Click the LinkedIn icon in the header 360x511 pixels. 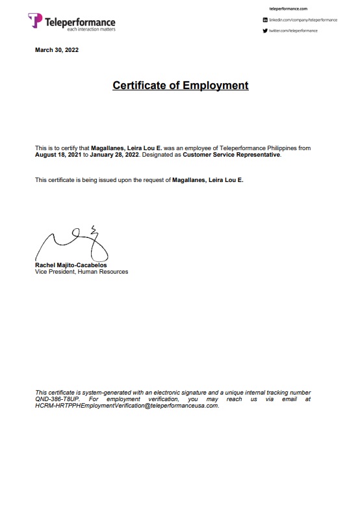tap(265, 20)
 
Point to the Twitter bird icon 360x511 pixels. tap(265, 31)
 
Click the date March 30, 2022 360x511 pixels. tap(57, 50)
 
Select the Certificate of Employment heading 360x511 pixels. tap(180, 85)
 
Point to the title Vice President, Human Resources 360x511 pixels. tap(81, 272)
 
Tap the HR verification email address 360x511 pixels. tap(127, 406)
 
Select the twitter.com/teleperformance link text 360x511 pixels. tap(294, 31)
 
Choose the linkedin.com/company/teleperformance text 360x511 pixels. tap(303, 20)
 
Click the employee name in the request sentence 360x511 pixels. tap(208, 179)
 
